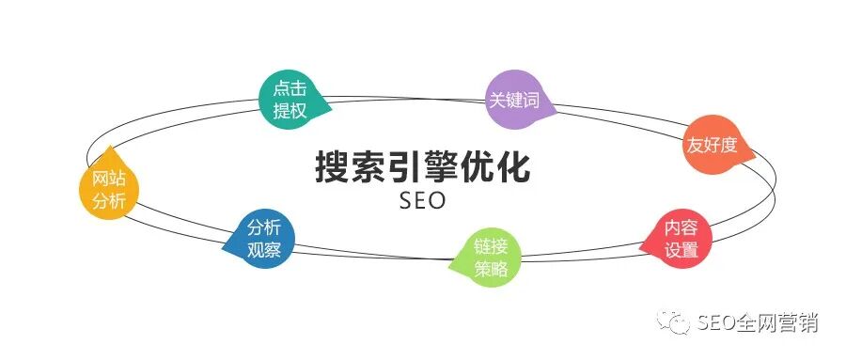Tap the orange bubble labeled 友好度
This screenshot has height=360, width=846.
coord(711,146)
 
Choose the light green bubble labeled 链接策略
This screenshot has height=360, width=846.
coord(491,258)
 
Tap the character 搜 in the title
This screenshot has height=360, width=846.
coord(332,168)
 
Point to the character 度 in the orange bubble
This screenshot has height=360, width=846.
coord(728,146)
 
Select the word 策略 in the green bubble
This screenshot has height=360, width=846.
coord(491,268)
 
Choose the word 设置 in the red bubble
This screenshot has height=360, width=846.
coord(681,251)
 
